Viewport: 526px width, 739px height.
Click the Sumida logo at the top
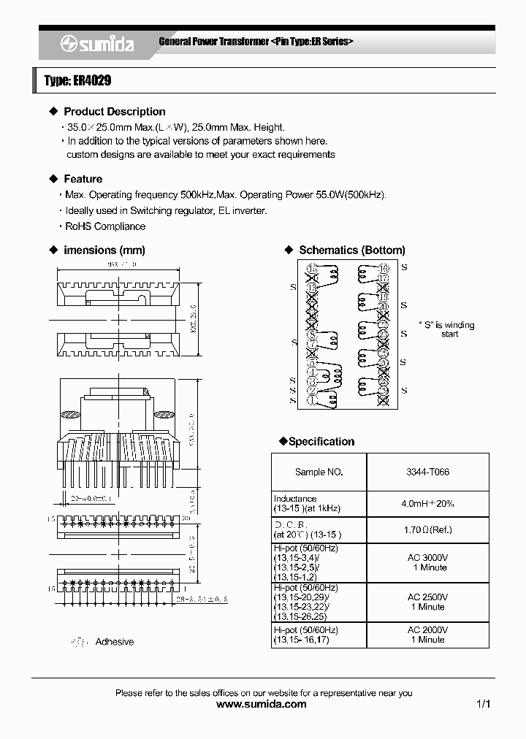tap(96, 44)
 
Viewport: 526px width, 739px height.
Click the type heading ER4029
tap(77, 80)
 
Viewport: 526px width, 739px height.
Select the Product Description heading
tap(114, 112)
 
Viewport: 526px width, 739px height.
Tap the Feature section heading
tap(83, 179)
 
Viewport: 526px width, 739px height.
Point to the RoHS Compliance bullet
tap(104, 226)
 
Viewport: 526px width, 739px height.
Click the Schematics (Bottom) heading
tap(351, 250)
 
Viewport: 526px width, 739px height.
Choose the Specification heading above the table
tap(321, 441)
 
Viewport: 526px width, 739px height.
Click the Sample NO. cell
tap(319, 472)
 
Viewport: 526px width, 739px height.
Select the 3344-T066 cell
tap(427, 472)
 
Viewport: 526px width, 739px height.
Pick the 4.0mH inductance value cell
tap(427, 503)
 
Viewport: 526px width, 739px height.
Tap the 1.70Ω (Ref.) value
tap(427, 529)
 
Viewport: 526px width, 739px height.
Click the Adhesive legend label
tap(115, 641)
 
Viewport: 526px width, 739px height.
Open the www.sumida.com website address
tap(262, 704)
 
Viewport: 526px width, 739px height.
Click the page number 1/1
tap(483, 704)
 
